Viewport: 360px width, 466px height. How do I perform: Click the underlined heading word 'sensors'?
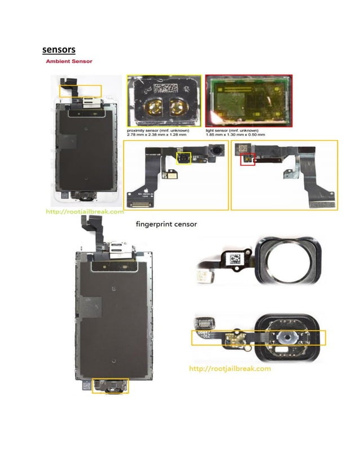[59, 50]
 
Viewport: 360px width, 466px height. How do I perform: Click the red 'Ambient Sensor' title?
[69, 61]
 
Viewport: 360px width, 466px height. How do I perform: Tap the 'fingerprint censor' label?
[166, 224]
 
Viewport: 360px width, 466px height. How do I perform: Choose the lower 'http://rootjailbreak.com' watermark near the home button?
[229, 368]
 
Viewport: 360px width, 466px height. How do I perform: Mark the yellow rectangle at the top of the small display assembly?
[85, 90]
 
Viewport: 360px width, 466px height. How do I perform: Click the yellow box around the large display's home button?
[111, 385]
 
